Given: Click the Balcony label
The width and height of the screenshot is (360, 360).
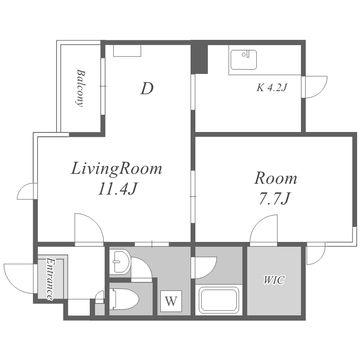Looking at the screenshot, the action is click(81, 88).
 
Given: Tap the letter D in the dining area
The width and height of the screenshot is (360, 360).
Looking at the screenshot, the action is click(147, 89).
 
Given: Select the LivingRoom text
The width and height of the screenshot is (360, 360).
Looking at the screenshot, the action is click(117, 169).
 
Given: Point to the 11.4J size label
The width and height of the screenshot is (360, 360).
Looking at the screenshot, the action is click(118, 189).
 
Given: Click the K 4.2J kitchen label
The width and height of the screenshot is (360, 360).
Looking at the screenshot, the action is click(272, 87).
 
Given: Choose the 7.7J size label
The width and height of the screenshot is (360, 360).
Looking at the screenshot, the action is click(275, 198).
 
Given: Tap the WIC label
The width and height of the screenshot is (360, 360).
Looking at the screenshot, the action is click(274, 280).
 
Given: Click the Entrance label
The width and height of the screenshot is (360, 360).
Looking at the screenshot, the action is click(50, 278).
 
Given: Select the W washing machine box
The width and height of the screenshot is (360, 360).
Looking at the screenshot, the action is click(171, 301).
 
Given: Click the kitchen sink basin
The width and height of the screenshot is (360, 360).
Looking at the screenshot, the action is click(243, 60).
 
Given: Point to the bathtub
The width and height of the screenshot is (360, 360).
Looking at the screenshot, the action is click(219, 300).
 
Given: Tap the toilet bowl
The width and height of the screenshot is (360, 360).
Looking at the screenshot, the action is click(124, 299).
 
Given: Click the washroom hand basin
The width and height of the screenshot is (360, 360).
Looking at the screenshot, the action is click(120, 262).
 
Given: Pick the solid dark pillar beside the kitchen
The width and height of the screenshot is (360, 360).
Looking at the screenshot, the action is click(199, 59).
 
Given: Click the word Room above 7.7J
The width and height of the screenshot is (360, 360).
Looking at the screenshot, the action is click(276, 178).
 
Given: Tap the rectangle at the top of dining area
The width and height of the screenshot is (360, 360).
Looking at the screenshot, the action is click(127, 51).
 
